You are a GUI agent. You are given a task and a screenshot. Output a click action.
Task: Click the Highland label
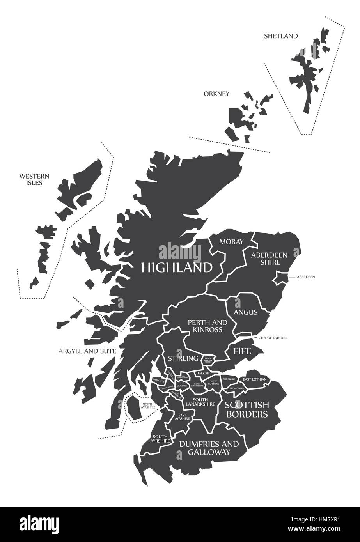[177, 267]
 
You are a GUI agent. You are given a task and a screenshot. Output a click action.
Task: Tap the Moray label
[231, 242]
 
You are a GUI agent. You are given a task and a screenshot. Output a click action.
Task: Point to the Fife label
[242, 351]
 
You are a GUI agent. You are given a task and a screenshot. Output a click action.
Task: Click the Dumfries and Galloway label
[209, 448]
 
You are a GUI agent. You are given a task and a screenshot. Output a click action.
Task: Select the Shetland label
[281, 36]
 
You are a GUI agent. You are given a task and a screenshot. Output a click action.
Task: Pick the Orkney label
[216, 94]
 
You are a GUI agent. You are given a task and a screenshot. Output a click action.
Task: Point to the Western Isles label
[30, 179]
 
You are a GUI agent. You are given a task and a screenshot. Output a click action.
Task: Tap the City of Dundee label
[273, 337]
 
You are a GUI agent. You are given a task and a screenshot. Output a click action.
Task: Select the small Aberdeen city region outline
[281, 278]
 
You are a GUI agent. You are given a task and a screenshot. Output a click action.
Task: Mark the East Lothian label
[255, 379]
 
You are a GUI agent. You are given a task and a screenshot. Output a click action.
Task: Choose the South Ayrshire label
[161, 439]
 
